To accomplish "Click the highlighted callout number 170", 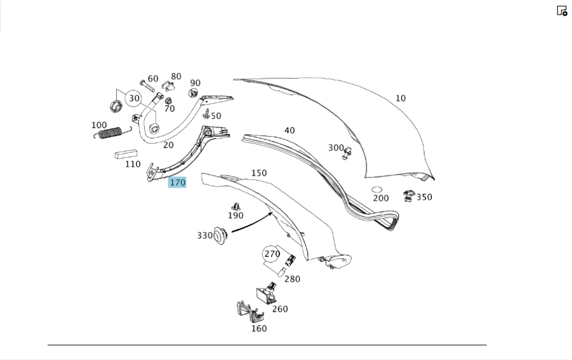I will (x=177, y=183).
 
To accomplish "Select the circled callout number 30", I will (x=134, y=98).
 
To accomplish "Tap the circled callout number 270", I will (x=272, y=254).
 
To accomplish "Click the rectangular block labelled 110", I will (x=127, y=154).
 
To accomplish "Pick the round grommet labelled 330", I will (x=220, y=235).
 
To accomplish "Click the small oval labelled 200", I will (x=377, y=189).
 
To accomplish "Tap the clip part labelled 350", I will (x=410, y=196).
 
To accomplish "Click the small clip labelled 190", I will (x=235, y=206).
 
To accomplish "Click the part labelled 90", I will (x=194, y=94).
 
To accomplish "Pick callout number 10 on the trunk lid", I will (x=400, y=98).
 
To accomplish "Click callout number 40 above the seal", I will (x=290, y=130).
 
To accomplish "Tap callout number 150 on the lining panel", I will (x=259, y=172).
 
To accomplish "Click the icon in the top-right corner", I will (x=562, y=10).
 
